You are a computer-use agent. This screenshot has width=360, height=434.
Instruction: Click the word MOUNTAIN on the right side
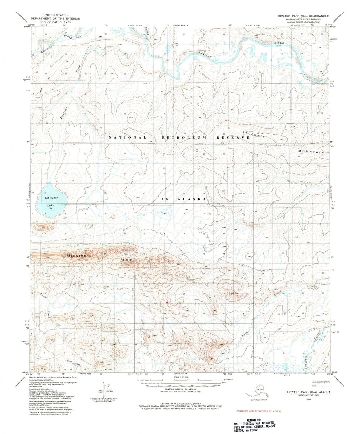click(x=311, y=151)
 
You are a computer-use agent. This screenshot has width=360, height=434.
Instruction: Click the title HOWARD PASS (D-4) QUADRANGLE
click(x=303, y=16)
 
